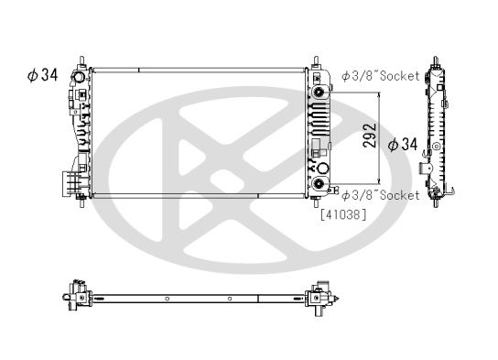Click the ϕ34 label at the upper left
click(43, 74)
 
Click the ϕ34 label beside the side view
click(403, 144)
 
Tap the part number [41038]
click(342, 215)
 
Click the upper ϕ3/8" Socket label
click(381, 76)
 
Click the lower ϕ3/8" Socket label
click(381, 195)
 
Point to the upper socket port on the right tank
click(319, 93)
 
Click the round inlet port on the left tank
click(80, 94)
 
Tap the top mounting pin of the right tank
click(317, 64)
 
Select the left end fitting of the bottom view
click(75, 296)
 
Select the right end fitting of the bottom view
click(320, 296)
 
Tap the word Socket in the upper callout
click(398, 76)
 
